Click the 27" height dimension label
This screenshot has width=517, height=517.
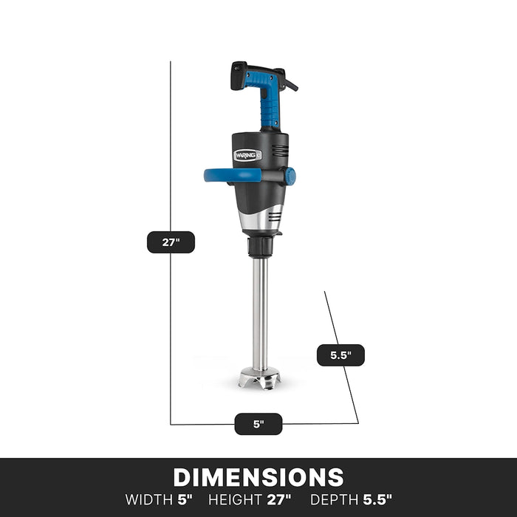tap(171, 242)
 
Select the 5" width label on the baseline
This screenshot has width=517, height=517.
tap(258, 424)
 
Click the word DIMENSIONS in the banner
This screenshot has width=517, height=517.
tap(258, 477)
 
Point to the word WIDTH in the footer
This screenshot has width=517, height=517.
tap(149, 499)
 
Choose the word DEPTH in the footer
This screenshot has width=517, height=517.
tap(334, 499)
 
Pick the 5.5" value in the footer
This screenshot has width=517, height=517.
tap(377, 499)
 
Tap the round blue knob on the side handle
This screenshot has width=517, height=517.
tap(290, 176)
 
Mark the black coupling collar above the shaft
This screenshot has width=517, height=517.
tap(260, 246)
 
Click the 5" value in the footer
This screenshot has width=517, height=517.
tap(184, 499)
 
